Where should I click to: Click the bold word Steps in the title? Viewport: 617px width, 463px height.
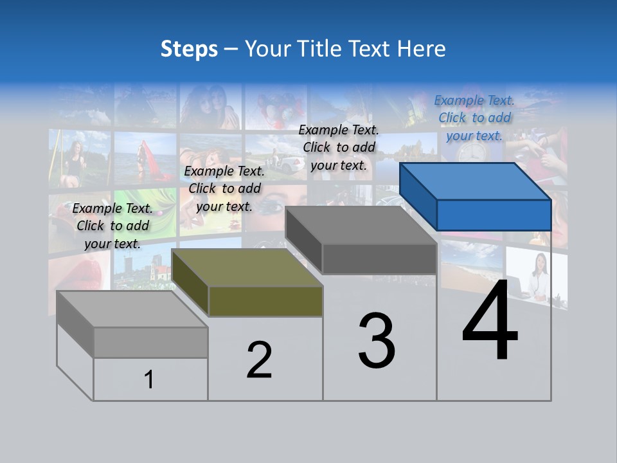tap(189, 49)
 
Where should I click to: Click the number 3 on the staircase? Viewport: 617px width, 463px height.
tap(377, 341)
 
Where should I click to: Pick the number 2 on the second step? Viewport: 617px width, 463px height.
tap(259, 360)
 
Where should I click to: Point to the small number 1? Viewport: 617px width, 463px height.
tap(148, 379)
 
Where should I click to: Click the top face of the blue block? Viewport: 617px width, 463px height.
tap(474, 181)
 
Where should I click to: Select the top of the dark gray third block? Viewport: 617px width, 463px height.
tap(360, 225)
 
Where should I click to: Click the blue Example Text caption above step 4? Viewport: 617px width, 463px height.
tap(474, 118)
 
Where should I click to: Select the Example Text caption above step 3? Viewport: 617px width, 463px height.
tap(339, 147)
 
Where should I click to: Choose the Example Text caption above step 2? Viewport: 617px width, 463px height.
tap(224, 188)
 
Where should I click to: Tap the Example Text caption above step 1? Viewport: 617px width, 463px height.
tap(112, 226)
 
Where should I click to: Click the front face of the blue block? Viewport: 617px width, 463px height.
tap(494, 215)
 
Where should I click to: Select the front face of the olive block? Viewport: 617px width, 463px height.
tap(265, 301)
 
